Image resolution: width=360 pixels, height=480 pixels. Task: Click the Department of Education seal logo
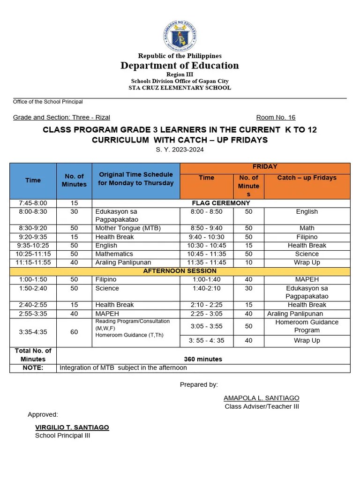tap(180, 37)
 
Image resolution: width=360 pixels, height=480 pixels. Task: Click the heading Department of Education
tap(180, 66)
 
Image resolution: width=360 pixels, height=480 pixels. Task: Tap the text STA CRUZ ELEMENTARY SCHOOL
tap(180, 88)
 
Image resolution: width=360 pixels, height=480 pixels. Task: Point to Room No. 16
tap(276, 118)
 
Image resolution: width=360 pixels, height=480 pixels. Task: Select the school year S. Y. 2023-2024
tap(180, 150)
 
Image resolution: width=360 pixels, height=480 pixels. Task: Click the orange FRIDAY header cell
tap(265, 167)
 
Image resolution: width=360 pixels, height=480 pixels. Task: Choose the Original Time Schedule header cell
tap(135, 179)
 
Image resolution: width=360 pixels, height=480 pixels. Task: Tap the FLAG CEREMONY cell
tap(221, 203)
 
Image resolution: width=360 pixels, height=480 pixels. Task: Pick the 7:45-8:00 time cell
tap(33, 203)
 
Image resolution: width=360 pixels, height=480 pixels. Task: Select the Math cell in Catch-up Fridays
tap(307, 228)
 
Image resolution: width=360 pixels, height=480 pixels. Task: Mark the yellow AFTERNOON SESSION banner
tap(180, 271)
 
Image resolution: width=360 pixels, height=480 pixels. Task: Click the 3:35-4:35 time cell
tap(33, 332)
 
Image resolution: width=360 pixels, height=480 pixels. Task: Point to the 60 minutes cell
tap(74, 332)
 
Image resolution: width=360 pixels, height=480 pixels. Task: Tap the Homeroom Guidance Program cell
tap(307, 326)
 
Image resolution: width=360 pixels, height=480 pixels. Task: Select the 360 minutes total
tap(202, 359)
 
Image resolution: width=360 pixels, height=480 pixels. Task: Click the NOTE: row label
tap(33, 368)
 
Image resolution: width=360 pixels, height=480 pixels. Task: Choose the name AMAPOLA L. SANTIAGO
tap(262, 398)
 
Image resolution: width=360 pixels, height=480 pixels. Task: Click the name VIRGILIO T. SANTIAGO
tap(72, 427)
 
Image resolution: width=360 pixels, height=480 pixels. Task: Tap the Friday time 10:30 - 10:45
tap(206, 245)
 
